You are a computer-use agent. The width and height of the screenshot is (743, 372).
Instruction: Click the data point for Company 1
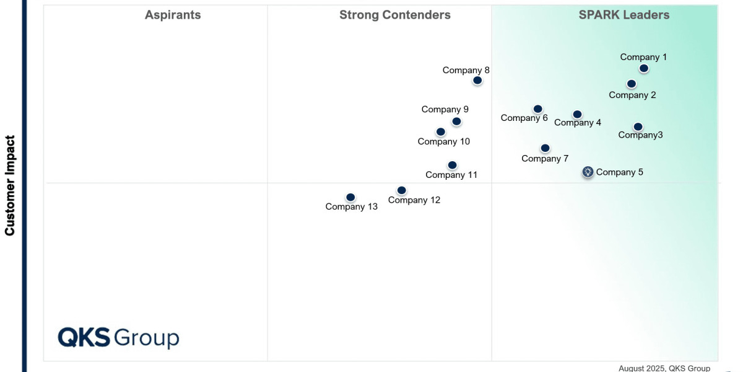click(644, 68)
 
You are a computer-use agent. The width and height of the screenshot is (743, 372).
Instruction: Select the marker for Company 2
click(632, 84)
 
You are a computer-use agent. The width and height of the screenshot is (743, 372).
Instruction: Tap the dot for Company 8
click(477, 80)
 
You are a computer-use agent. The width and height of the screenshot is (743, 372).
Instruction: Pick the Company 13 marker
click(350, 197)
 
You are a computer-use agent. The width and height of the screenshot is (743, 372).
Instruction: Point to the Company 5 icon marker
click(588, 172)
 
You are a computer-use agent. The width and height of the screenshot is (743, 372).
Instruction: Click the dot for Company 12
click(401, 190)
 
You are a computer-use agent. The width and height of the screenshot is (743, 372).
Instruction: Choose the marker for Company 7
click(545, 148)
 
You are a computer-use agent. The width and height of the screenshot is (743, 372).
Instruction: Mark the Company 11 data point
click(453, 165)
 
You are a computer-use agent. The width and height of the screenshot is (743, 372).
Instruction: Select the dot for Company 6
click(537, 109)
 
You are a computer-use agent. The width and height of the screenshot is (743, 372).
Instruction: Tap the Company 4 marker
click(577, 114)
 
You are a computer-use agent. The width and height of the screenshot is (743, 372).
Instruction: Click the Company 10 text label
click(443, 141)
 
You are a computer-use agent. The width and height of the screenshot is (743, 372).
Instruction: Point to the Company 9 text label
click(445, 109)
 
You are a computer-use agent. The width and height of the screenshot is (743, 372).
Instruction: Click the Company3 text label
click(640, 135)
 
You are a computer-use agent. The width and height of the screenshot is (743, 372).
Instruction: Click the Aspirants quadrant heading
click(173, 15)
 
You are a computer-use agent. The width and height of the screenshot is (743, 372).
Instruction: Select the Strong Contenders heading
click(395, 15)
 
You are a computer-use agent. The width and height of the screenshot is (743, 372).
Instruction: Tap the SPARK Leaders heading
click(624, 15)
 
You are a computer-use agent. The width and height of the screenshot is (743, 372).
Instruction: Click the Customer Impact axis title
click(10, 185)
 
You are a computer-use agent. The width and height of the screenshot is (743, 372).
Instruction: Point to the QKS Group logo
click(118, 338)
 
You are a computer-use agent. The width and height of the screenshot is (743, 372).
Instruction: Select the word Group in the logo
click(147, 339)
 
